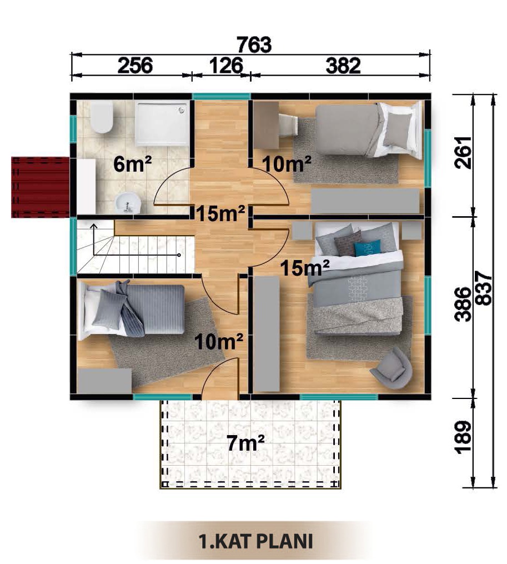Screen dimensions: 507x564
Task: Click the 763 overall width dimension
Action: coord(254,44)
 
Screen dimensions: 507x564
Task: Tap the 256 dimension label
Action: coord(135,66)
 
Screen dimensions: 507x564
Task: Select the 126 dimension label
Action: coord(226,66)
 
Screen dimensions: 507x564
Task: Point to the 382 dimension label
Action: coord(343,66)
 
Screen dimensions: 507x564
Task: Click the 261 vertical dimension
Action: coord(463,152)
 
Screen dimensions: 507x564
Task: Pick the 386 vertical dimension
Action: coord(463,304)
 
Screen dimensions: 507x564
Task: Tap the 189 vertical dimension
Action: coord(463,437)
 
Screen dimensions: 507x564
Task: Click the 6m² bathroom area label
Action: coord(132,164)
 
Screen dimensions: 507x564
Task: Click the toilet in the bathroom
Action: coord(102,117)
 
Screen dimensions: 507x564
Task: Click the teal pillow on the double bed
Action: coord(368,248)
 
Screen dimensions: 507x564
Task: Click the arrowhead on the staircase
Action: coord(93,227)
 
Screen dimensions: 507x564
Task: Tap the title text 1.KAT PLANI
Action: coord(255,541)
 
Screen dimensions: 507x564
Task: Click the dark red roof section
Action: coord(40,187)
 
